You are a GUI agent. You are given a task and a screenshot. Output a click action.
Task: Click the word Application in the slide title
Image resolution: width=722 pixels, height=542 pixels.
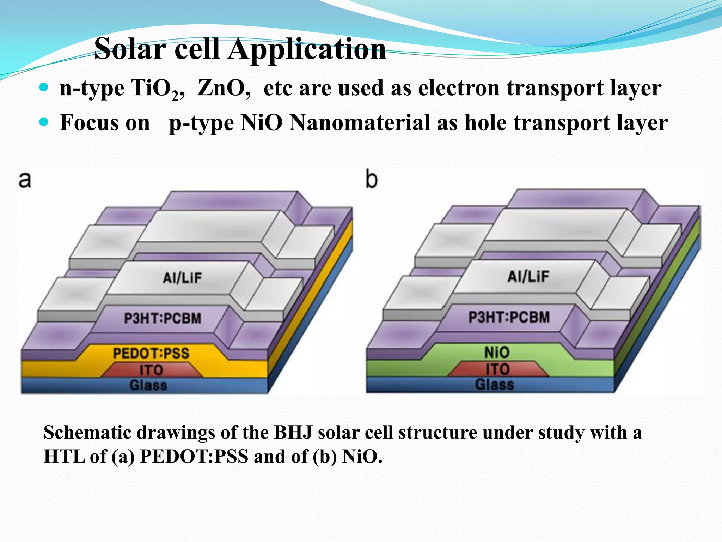point(307,49)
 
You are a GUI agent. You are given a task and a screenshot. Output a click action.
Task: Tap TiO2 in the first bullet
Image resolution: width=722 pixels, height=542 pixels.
point(157,88)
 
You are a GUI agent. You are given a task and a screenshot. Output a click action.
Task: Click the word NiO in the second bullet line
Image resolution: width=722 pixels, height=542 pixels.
point(261,123)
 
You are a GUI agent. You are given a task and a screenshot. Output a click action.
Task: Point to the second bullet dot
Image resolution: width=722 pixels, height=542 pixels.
point(44,122)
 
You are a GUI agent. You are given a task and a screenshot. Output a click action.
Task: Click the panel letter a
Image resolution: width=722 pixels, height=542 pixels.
point(25,180)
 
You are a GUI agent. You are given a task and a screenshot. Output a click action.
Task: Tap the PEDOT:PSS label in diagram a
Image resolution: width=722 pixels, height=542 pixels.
point(151,353)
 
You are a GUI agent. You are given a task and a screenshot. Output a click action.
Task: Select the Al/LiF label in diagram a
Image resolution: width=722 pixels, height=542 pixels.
point(182,278)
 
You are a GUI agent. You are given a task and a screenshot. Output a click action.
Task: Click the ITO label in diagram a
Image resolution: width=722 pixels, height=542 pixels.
point(151,370)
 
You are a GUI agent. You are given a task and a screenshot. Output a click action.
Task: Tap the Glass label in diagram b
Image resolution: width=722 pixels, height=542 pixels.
point(494,384)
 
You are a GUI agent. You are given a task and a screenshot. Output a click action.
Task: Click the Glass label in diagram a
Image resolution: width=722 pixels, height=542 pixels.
point(148,385)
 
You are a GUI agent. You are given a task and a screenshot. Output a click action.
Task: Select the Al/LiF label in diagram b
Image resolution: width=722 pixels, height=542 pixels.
point(528,276)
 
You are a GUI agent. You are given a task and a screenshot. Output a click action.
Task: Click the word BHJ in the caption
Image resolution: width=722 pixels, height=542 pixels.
point(293,433)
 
